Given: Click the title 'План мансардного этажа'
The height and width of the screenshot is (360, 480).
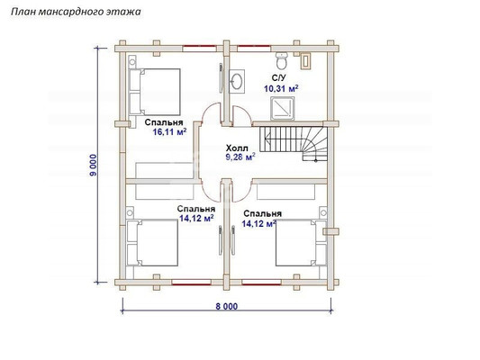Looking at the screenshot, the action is [76, 12].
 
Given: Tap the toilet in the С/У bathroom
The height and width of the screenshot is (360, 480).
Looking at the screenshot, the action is [281, 60].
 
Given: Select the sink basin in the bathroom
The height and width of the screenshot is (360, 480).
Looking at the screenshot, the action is [237, 81].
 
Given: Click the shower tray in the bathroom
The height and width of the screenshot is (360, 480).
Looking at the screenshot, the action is [282, 109].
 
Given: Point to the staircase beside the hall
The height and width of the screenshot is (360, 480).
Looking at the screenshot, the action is [294, 143].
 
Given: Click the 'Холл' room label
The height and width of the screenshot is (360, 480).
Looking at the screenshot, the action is [237, 148].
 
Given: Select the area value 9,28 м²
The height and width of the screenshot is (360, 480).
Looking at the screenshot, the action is [240, 157].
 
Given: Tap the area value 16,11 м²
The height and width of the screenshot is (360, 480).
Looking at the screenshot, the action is [169, 131].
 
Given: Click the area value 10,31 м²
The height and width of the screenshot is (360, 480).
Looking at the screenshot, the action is [281, 89].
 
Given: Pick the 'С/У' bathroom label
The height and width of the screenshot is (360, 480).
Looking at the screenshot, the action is [278, 77].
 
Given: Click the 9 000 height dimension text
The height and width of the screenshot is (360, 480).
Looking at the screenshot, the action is [93, 166].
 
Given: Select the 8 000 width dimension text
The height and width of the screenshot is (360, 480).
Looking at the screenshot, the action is [227, 306].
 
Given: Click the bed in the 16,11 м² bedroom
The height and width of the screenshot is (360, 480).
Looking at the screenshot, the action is [155, 92].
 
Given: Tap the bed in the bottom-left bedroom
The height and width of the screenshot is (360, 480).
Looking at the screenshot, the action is [153, 242].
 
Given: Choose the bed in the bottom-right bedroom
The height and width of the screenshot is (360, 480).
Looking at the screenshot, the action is [301, 242].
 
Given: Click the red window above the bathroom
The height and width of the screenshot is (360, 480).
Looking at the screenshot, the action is [254, 47].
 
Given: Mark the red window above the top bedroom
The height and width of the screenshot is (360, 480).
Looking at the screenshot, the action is [199, 47].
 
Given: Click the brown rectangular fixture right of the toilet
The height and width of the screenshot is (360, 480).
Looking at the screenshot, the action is [306, 60].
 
